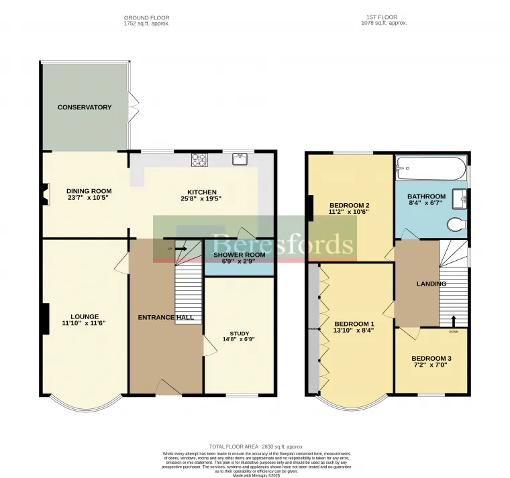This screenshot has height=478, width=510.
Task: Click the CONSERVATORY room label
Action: [x=85, y=107]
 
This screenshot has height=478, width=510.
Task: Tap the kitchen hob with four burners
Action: [x=199, y=160]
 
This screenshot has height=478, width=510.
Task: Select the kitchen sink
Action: [x=240, y=159]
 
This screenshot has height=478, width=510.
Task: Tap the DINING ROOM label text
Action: [x=89, y=190]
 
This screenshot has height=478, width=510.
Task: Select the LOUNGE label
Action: [x=85, y=316]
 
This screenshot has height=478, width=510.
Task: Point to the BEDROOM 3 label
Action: [x=431, y=359]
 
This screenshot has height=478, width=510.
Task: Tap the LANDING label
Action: [x=431, y=284]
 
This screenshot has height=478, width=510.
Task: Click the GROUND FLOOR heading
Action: [x=147, y=17]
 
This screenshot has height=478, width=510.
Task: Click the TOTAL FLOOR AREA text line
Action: [x=256, y=446]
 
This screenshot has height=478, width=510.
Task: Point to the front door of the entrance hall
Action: [x=165, y=387]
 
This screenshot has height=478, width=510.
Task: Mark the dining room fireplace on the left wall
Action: [x=45, y=194]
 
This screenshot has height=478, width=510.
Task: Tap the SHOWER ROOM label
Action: [x=239, y=255]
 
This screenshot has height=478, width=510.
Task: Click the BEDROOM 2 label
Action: [x=350, y=205]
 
